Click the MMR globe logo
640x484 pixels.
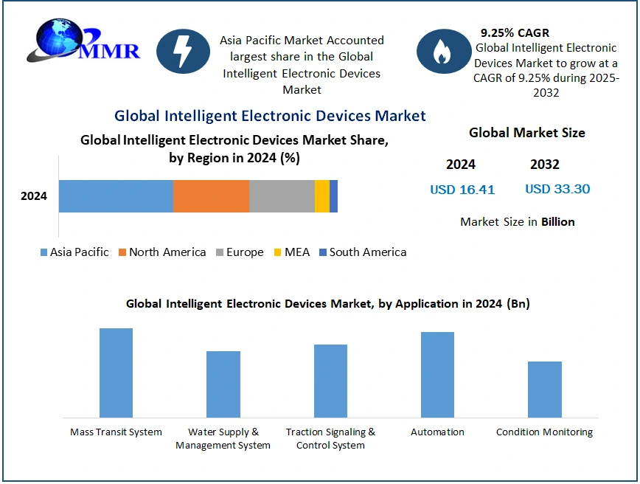[x=83, y=41]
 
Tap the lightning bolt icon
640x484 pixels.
[x=183, y=52]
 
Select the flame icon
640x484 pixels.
[x=444, y=52]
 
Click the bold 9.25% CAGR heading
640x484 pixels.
[x=515, y=32]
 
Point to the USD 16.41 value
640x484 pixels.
[x=462, y=190]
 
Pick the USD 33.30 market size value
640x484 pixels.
[x=557, y=189]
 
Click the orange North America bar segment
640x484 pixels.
[x=211, y=196]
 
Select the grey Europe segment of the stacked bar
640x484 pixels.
[x=282, y=196]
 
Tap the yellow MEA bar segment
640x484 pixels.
[x=322, y=196]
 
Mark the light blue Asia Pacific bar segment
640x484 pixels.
[x=116, y=196]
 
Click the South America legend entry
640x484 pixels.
[x=363, y=252]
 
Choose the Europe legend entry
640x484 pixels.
[x=240, y=252]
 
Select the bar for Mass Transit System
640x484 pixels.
[x=116, y=373]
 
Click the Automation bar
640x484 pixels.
[x=437, y=375]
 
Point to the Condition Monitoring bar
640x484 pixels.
[x=544, y=390]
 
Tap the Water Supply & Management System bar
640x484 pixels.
[x=223, y=384]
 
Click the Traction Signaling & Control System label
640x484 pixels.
[x=330, y=438]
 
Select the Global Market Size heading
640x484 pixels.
[x=527, y=133]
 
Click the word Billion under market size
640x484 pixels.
[x=558, y=222]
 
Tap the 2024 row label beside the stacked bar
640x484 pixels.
[x=34, y=196]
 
